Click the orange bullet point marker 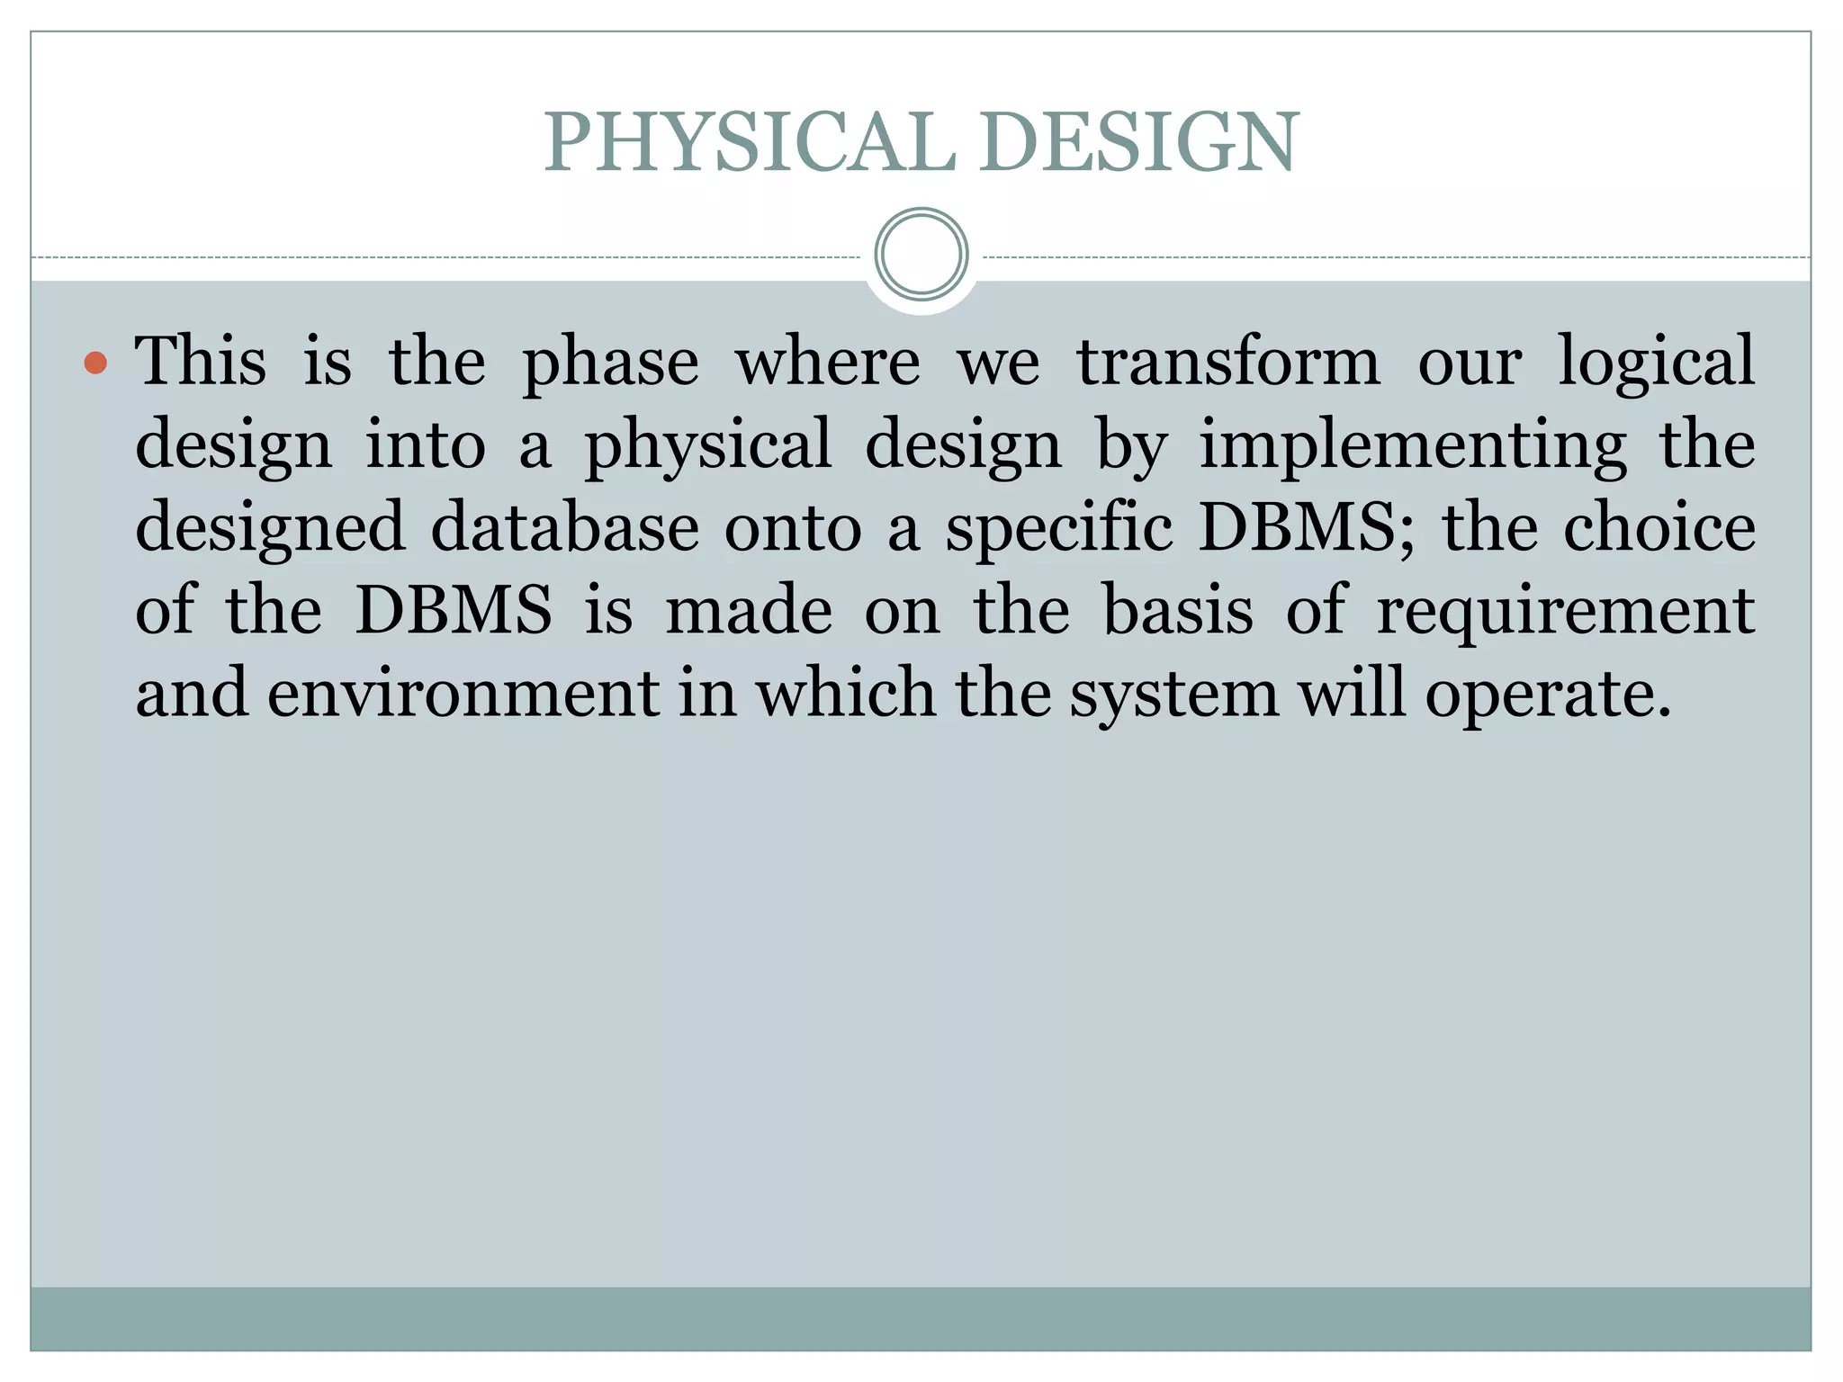click(95, 363)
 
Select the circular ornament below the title click(921, 255)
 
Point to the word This click(201, 361)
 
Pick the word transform click(1228, 361)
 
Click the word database click(565, 527)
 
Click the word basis click(1178, 610)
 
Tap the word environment click(463, 694)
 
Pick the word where click(828, 362)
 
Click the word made click(749, 610)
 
